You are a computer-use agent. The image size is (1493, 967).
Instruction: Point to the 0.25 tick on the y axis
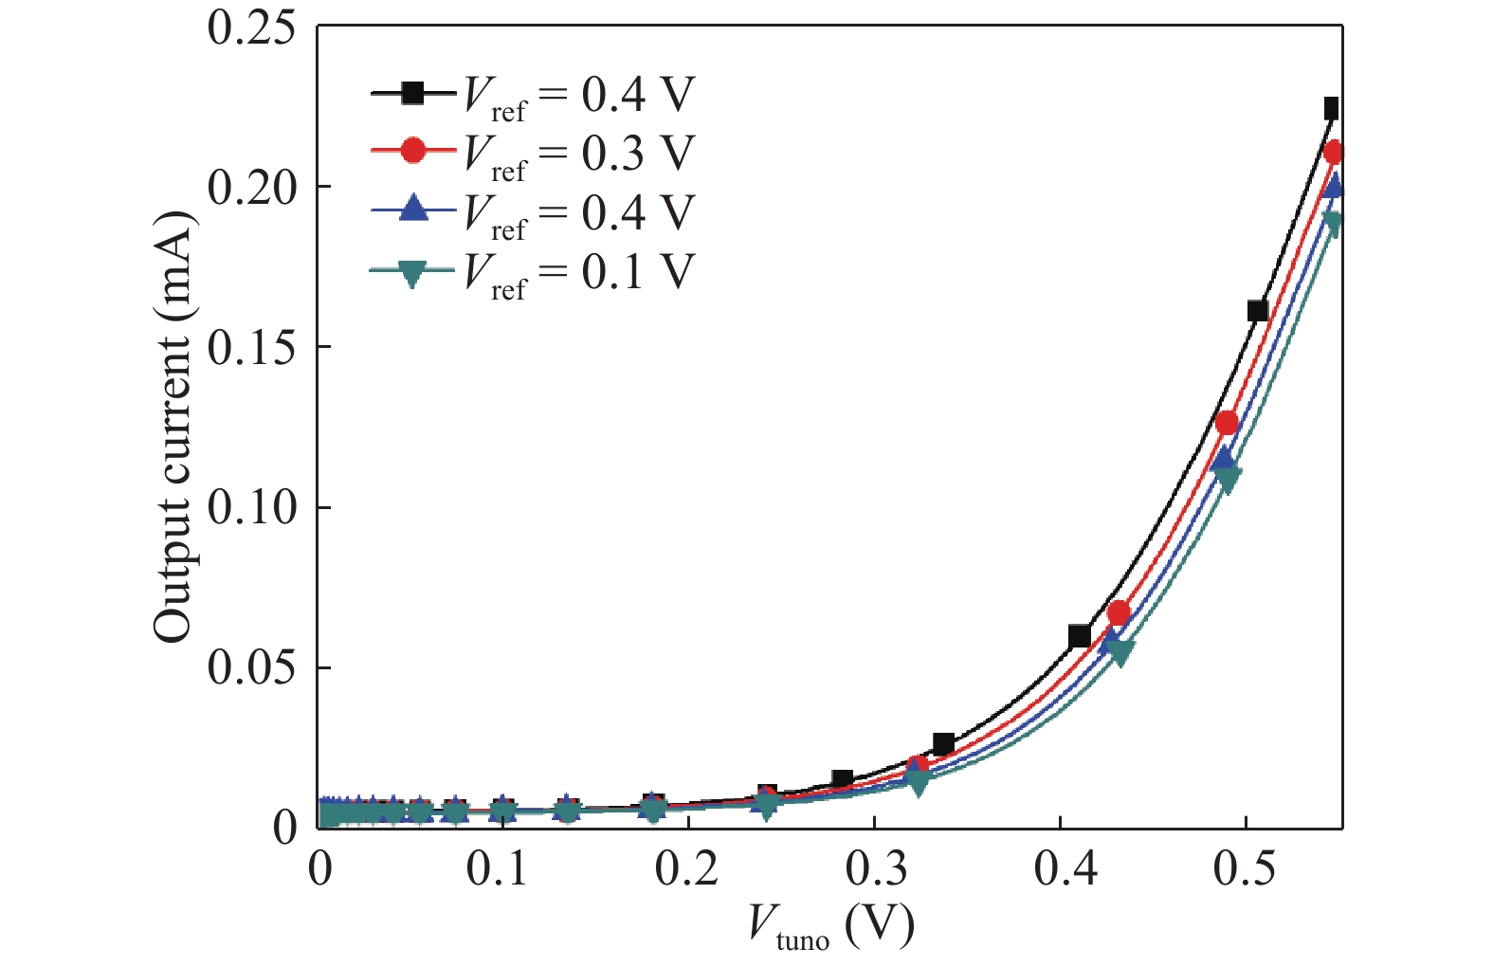point(251,27)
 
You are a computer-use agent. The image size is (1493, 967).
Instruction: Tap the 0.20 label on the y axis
point(251,187)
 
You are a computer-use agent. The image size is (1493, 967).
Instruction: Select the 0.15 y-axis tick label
point(251,347)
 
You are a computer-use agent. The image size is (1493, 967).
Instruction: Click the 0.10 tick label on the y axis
point(251,507)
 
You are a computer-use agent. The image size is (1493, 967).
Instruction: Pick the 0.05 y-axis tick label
point(251,667)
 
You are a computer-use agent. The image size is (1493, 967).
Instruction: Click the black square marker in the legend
point(413,93)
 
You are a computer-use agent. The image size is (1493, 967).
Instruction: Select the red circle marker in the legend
point(413,152)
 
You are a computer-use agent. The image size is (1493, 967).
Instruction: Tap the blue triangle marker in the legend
point(413,210)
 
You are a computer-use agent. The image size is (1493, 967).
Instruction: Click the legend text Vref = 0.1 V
point(578,273)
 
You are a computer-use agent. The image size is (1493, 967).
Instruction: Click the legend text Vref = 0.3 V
point(578,155)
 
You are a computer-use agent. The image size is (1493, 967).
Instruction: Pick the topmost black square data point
point(1331,108)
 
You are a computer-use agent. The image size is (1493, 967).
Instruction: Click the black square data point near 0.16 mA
point(1257,311)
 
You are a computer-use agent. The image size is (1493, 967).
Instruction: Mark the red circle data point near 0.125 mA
point(1227,423)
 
